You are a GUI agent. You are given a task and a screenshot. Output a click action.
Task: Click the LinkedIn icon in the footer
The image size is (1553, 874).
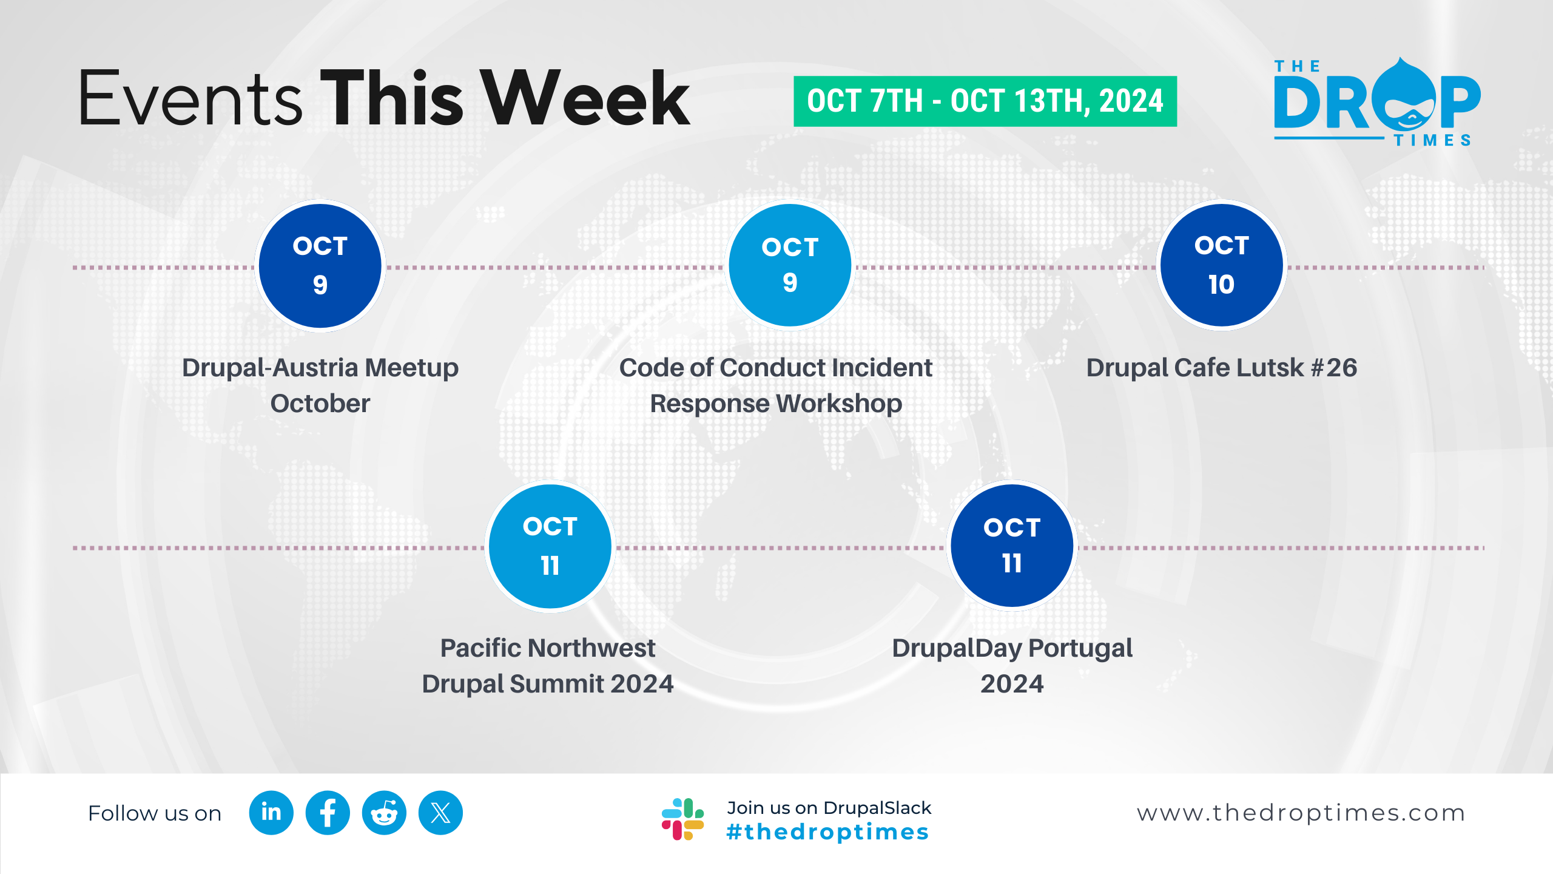click(271, 813)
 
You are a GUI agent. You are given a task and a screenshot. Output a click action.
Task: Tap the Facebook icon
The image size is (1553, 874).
click(328, 813)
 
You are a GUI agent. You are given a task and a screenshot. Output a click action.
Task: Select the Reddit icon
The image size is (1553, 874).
click(384, 813)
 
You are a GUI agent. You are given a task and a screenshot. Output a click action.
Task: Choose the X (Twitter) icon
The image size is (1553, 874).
click(440, 813)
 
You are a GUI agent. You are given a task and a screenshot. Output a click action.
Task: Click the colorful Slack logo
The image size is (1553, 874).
click(683, 819)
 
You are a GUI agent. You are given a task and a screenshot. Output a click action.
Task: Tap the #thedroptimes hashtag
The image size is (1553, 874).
click(827, 832)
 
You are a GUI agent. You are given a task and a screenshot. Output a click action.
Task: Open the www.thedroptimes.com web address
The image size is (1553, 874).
click(1301, 813)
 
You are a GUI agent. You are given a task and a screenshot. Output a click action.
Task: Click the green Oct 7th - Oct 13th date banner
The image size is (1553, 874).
click(985, 101)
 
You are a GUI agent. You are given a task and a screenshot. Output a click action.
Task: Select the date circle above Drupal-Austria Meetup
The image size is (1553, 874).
click(320, 266)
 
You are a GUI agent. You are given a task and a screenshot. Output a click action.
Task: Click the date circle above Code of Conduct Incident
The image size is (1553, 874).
click(790, 265)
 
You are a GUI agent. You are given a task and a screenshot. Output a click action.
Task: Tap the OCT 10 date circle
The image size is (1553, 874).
click(1222, 265)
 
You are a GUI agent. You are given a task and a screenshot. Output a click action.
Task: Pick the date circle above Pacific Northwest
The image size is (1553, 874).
click(550, 546)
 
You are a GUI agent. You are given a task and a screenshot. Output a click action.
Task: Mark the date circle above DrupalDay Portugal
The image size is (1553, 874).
click(1012, 546)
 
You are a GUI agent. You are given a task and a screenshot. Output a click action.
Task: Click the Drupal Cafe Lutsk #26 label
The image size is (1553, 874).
click(1222, 368)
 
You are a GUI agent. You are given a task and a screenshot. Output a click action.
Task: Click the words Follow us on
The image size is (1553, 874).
click(155, 813)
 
